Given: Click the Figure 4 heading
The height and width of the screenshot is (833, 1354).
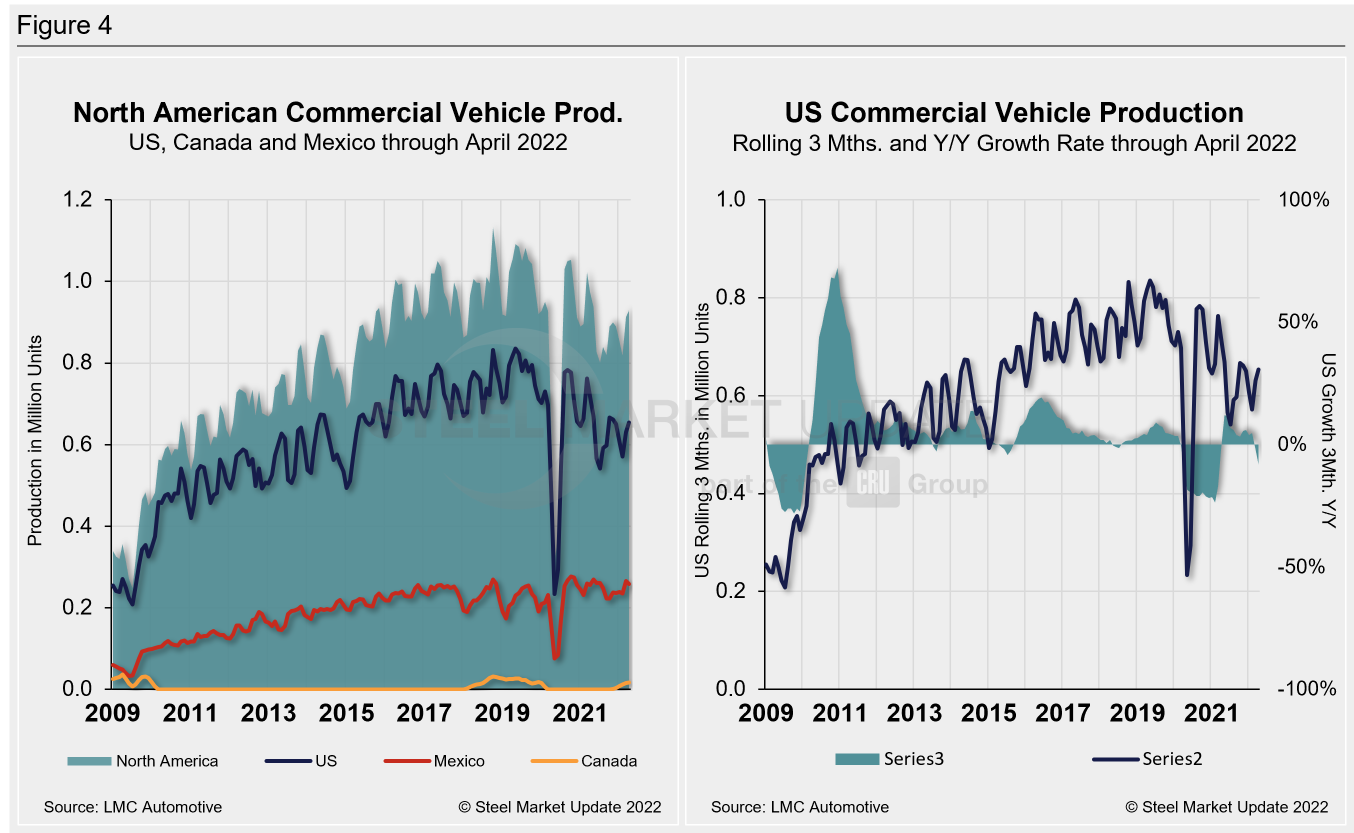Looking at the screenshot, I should point(64,25).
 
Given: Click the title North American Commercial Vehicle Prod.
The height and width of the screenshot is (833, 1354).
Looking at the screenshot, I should point(347,112).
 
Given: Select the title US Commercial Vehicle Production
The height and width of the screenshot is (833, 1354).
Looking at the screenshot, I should point(1013,112).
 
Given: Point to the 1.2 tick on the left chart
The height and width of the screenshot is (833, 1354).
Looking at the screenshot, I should point(77,199).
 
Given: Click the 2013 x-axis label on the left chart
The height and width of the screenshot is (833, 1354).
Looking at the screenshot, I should point(268,713).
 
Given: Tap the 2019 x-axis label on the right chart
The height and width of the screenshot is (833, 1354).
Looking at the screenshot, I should point(1137,713).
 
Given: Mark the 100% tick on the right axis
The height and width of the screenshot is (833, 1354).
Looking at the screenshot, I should point(1303,199).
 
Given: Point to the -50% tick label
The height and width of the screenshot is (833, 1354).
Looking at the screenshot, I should point(1300,566).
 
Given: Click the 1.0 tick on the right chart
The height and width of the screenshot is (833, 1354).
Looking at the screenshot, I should point(730,199).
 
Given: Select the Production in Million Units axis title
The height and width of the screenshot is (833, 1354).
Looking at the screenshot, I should point(34,440).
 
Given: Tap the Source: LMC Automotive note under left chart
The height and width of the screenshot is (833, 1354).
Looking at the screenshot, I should point(133,807).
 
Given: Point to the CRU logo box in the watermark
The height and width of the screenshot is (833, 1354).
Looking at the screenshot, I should point(872,482).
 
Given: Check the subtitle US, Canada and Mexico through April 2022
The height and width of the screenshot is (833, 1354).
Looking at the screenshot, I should point(347,142).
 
